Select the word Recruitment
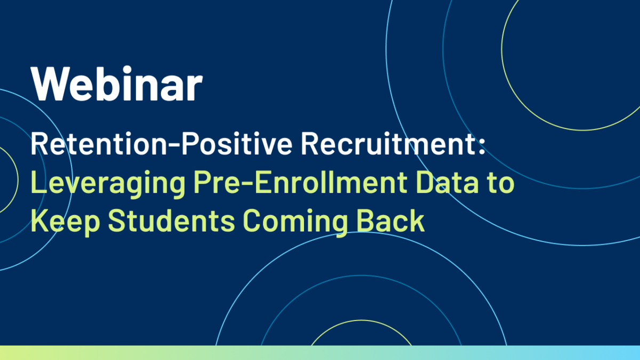tap(388, 143)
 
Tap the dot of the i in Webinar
tap(127, 69)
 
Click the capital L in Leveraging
tap(38, 182)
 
